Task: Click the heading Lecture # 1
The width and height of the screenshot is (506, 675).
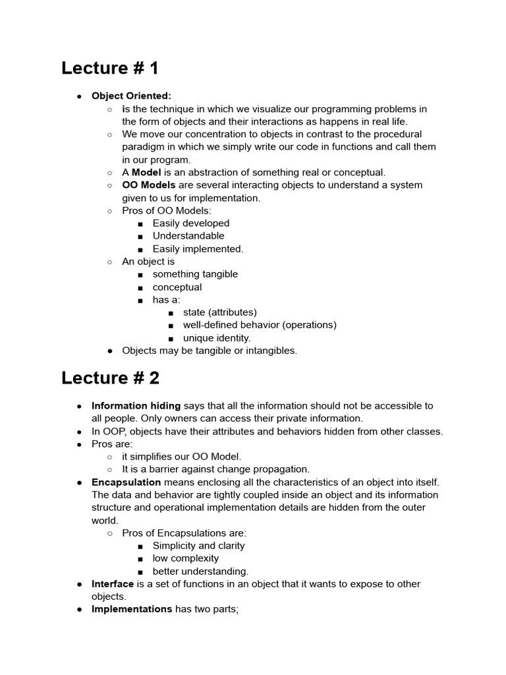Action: click(x=110, y=68)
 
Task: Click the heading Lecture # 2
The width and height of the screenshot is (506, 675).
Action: click(x=110, y=378)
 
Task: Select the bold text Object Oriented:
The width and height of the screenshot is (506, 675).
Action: click(x=131, y=96)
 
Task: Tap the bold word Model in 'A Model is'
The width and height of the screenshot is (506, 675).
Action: click(x=146, y=172)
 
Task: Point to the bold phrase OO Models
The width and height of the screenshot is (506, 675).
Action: click(x=149, y=185)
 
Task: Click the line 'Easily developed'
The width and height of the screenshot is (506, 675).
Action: click(x=191, y=223)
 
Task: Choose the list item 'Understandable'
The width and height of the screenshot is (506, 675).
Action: click(x=188, y=236)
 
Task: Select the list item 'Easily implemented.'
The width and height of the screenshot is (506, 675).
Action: click(x=198, y=249)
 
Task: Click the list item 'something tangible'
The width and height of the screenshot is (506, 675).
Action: click(x=195, y=274)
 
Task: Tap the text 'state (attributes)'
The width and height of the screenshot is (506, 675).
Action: click(x=220, y=312)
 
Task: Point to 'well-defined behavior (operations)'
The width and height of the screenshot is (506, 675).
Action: click(x=260, y=325)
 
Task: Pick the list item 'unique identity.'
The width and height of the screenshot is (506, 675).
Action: click(x=217, y=337)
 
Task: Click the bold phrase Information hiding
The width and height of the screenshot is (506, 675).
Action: click(x=136, y=406)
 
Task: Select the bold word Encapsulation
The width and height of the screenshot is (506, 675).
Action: click(x=126, y=483)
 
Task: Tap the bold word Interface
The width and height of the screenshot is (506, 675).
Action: click(x=113, y=584)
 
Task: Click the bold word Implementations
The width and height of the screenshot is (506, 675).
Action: click(x=132, y=609)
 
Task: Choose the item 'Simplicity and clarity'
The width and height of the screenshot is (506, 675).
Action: click(x=198, y=546)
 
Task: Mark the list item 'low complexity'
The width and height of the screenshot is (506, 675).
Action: click(x=186, y=558)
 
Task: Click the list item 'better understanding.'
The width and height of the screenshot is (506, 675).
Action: click(x=200, y=572)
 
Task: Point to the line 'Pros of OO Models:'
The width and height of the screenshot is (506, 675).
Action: click(x=167, y=210)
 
